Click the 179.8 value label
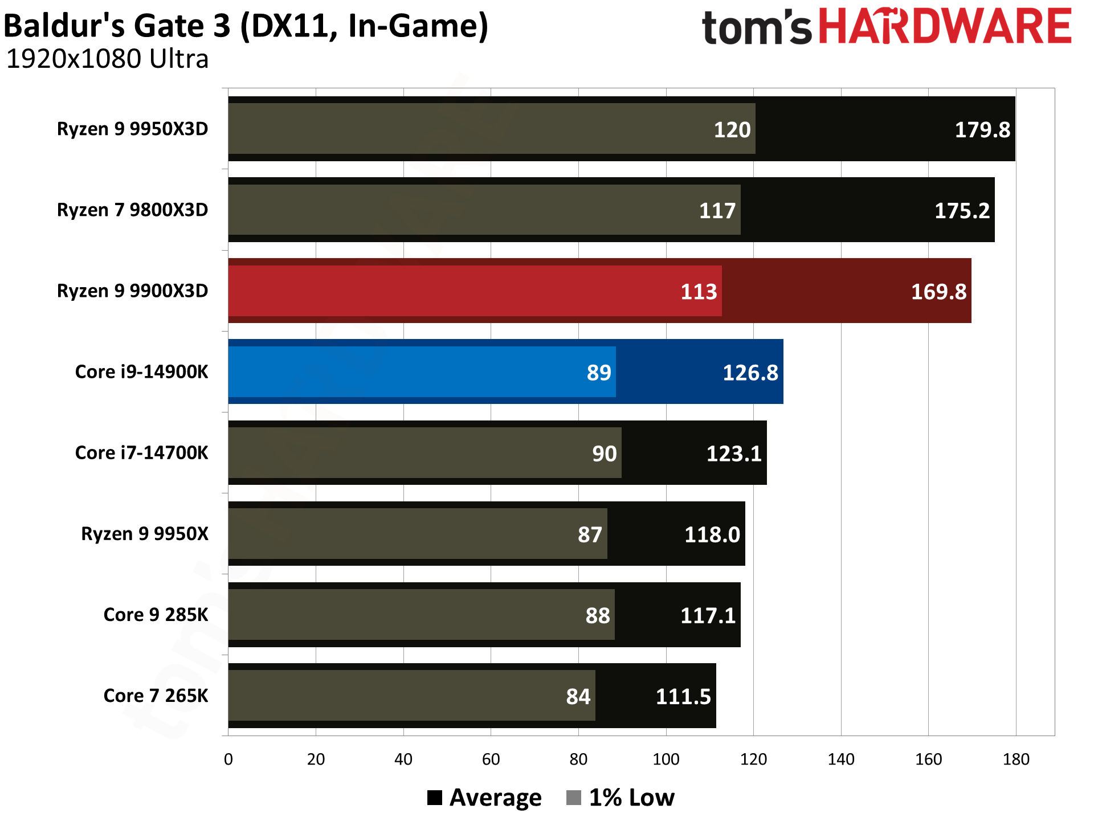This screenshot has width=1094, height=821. [x=982, y=130]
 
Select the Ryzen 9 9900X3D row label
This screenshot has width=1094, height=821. [x=132, y=291]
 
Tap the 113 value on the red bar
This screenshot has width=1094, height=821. [x=699, y=292]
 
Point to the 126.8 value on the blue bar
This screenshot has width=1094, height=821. [x=750, y=373]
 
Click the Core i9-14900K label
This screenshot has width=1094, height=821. [x=141, y=372]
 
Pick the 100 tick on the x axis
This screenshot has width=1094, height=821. [x=666, y=759]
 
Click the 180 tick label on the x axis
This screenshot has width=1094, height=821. [x=1015, y=759]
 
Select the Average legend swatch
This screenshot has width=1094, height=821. [x=435, y=798]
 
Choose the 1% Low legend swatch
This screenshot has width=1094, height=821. [x=574, y=798]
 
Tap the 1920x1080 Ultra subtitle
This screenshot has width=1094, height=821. [x=107, y=59]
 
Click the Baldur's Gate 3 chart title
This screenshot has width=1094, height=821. [x=246, y=26]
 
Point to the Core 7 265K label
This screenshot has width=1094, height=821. [x=156, y=696]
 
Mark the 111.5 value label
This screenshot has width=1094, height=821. [x=683, y=697]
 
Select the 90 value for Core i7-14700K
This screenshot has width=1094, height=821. [x=604, y=454]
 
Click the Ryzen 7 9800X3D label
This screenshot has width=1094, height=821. [x=132, y=210]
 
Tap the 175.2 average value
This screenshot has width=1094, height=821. [x=962, y=211]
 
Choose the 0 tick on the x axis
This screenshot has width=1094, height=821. [x=228, y=759]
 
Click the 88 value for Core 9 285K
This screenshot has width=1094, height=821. [x=597, y=615]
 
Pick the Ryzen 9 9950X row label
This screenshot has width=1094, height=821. [x=145, y=534]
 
